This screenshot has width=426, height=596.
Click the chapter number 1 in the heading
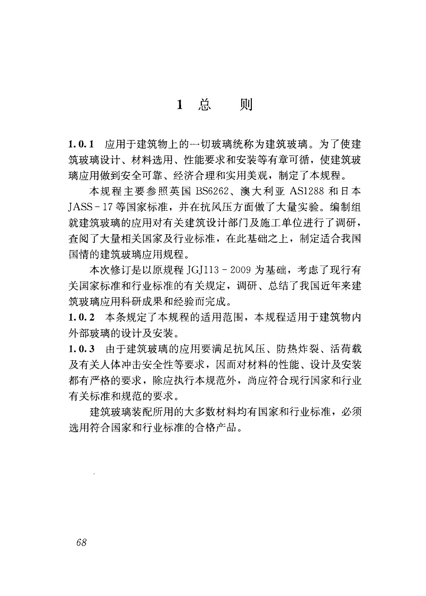(180, 105)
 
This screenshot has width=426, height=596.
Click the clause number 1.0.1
(81, 144)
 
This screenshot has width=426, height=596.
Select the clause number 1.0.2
(81, 318)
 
